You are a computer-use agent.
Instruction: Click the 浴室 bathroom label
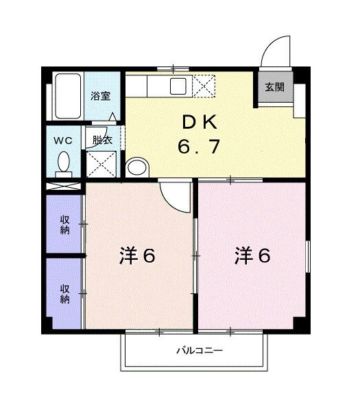pos(101,96)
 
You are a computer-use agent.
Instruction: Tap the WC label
pos(63,141)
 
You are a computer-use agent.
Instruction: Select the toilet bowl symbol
pos(64,163)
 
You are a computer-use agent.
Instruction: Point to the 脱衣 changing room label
pos(103,141)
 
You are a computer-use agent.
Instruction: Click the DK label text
pos(199,123)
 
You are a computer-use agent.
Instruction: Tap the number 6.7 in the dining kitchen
pos(200,147)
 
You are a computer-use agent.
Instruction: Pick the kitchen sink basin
pos(179,86)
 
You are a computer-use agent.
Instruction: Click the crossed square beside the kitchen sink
pos(204,87)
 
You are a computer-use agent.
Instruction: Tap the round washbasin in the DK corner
pos(137,167)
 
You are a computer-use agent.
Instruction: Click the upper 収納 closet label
pos(64,225)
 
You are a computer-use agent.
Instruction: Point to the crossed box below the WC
pos(63,185)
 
